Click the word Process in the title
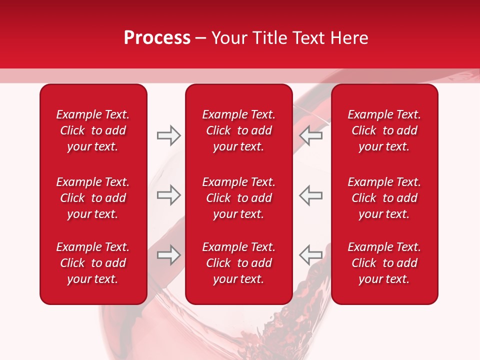point(157,38)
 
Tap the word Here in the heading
point(348,38)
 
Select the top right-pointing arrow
point(168,135)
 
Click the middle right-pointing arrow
point(168,195)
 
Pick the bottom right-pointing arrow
point(168,255)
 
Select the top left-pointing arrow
point(311,135)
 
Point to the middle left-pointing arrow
point(311,195)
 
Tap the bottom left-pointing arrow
point(311,255)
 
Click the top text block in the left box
point(93,130)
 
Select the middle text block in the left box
point(93,198)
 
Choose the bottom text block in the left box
point(93,263)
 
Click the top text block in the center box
point(238,130)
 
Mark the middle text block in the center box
point(238,198)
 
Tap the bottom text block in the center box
point(238,263)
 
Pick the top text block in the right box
point(384,130)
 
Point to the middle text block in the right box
point(384,198)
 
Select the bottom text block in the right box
point(384,263)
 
